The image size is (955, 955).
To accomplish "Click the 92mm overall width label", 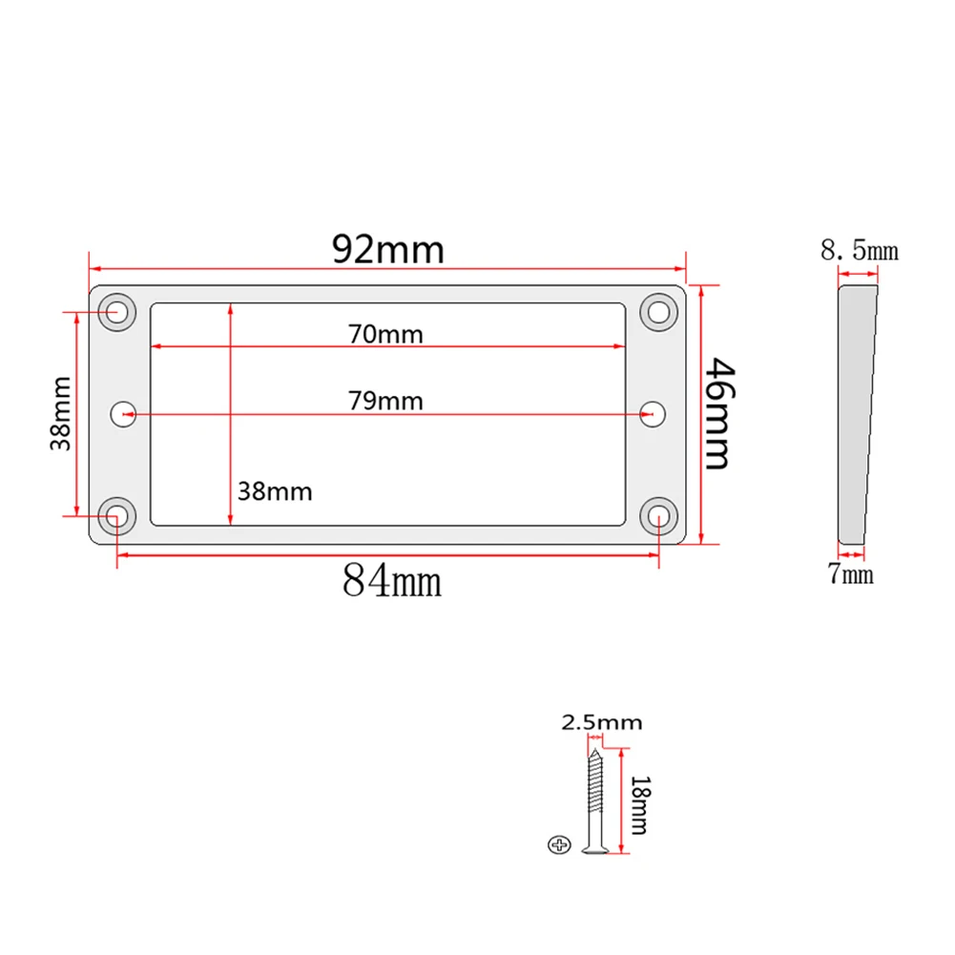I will (x=387, y=249).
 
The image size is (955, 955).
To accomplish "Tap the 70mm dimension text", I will (x=385, y=334).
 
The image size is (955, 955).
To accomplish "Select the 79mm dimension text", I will (x=385, y=400).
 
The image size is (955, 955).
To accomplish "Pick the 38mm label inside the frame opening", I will (x=275, y=491).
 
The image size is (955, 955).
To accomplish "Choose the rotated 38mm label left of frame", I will (x=61, y=413).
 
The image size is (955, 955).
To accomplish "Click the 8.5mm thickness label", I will (x=859, y=251).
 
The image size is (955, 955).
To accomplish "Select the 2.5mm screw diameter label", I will (x=601, y=722).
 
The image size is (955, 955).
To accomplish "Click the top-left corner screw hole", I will (x=118, y=311).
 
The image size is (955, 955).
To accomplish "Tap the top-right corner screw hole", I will (x=656, y=310).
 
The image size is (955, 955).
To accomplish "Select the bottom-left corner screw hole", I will (x=117, y=515).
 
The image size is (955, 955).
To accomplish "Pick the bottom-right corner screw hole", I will (x=657, y=515).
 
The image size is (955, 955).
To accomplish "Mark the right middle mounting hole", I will (x=653, y=413).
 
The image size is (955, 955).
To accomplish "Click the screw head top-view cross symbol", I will (x=559, y=843).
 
